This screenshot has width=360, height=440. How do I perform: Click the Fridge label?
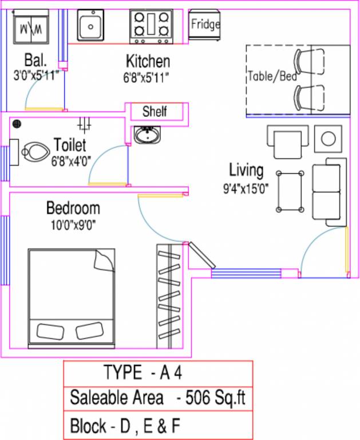coord(205,25)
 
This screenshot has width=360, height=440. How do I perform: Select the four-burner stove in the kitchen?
coord(151,26)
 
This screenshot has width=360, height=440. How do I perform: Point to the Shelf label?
coord(155,111)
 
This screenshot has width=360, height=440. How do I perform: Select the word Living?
coord(246,170)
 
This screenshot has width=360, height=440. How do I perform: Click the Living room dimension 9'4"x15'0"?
coord(246,187)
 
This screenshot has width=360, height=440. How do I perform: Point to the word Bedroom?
coord(73,208)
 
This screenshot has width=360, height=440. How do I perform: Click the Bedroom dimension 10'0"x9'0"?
coord(73,224)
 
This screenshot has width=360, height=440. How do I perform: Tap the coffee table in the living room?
coord(290,191)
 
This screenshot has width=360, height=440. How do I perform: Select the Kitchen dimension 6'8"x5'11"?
coord(147,77)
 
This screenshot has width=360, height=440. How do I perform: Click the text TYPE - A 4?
coord(143,373)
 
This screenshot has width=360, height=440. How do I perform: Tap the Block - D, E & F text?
coord(126,426)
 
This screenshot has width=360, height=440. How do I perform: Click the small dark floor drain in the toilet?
coord(17,123)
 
